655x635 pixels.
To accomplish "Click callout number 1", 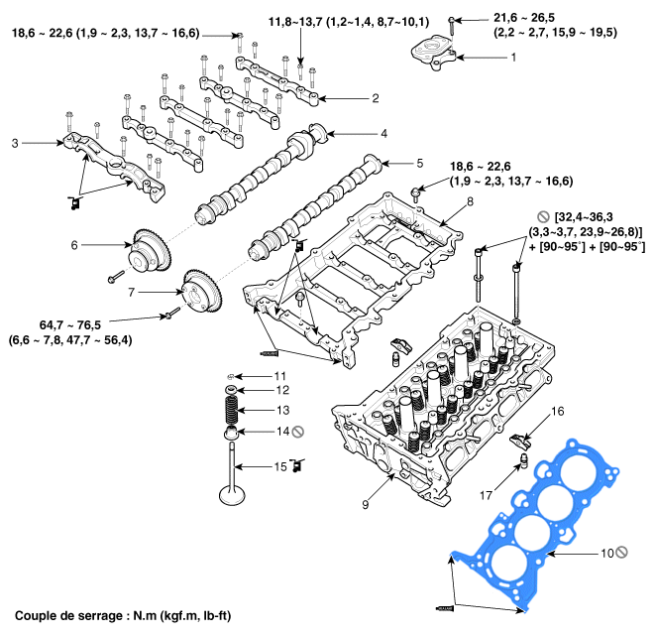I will (513, 58).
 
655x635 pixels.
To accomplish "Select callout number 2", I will (376, 98).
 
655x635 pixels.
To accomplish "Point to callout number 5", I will (419, 162).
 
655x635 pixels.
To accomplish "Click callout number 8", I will (470, 201).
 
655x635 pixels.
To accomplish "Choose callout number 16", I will (558, 410).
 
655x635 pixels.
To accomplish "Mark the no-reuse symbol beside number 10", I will (621, 553).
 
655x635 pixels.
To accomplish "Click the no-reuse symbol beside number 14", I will (297, 431).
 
